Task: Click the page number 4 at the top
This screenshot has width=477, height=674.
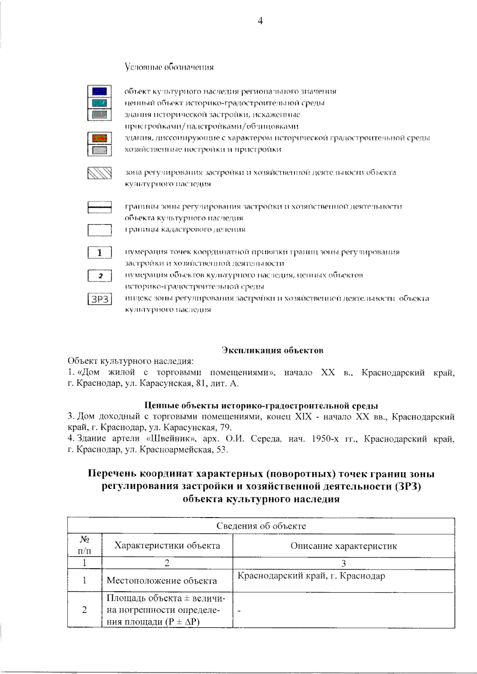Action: point(260,21)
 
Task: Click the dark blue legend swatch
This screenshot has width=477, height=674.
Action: point(99,91)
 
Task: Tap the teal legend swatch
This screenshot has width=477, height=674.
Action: point(99,103)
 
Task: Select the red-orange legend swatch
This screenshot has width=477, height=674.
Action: point(99,138)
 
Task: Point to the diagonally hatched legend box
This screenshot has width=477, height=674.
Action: point(99,174)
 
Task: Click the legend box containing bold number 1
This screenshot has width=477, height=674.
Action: point(99,253)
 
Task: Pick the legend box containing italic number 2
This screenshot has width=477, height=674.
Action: point(99,276)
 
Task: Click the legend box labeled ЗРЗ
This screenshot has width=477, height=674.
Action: point(99,299)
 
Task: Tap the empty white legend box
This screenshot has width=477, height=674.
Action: point(99,230)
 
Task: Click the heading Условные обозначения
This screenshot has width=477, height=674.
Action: point(169,67)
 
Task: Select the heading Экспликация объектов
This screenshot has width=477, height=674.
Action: point(272,350)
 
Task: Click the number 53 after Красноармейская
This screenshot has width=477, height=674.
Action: point(221,450)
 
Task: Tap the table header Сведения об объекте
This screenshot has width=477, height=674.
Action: point(261,526)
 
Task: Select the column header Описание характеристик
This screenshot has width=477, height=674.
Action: point(343,546)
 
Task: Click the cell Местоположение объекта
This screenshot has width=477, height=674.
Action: point(162,581)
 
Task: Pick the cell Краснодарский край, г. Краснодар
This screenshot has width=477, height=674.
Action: point(311,576)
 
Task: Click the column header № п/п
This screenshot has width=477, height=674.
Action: point(84,545)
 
